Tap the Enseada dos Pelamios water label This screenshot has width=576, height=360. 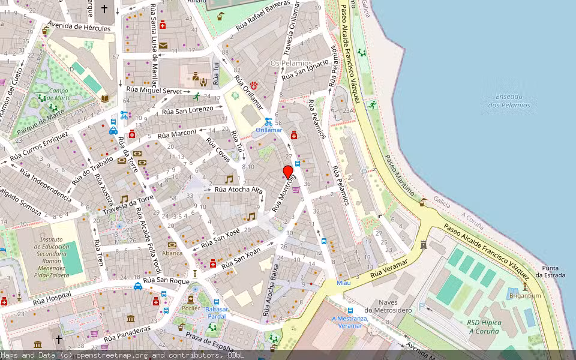509,101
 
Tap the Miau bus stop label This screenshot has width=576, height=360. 343,282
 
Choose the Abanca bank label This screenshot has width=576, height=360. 172,253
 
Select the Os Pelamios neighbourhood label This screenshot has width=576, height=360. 291,63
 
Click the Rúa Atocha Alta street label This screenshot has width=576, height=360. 239,190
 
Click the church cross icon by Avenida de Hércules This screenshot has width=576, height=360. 104,9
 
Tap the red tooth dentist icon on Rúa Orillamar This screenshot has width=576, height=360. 254,85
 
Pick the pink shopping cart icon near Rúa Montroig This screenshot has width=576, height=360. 296,189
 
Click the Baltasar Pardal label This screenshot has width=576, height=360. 216,313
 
